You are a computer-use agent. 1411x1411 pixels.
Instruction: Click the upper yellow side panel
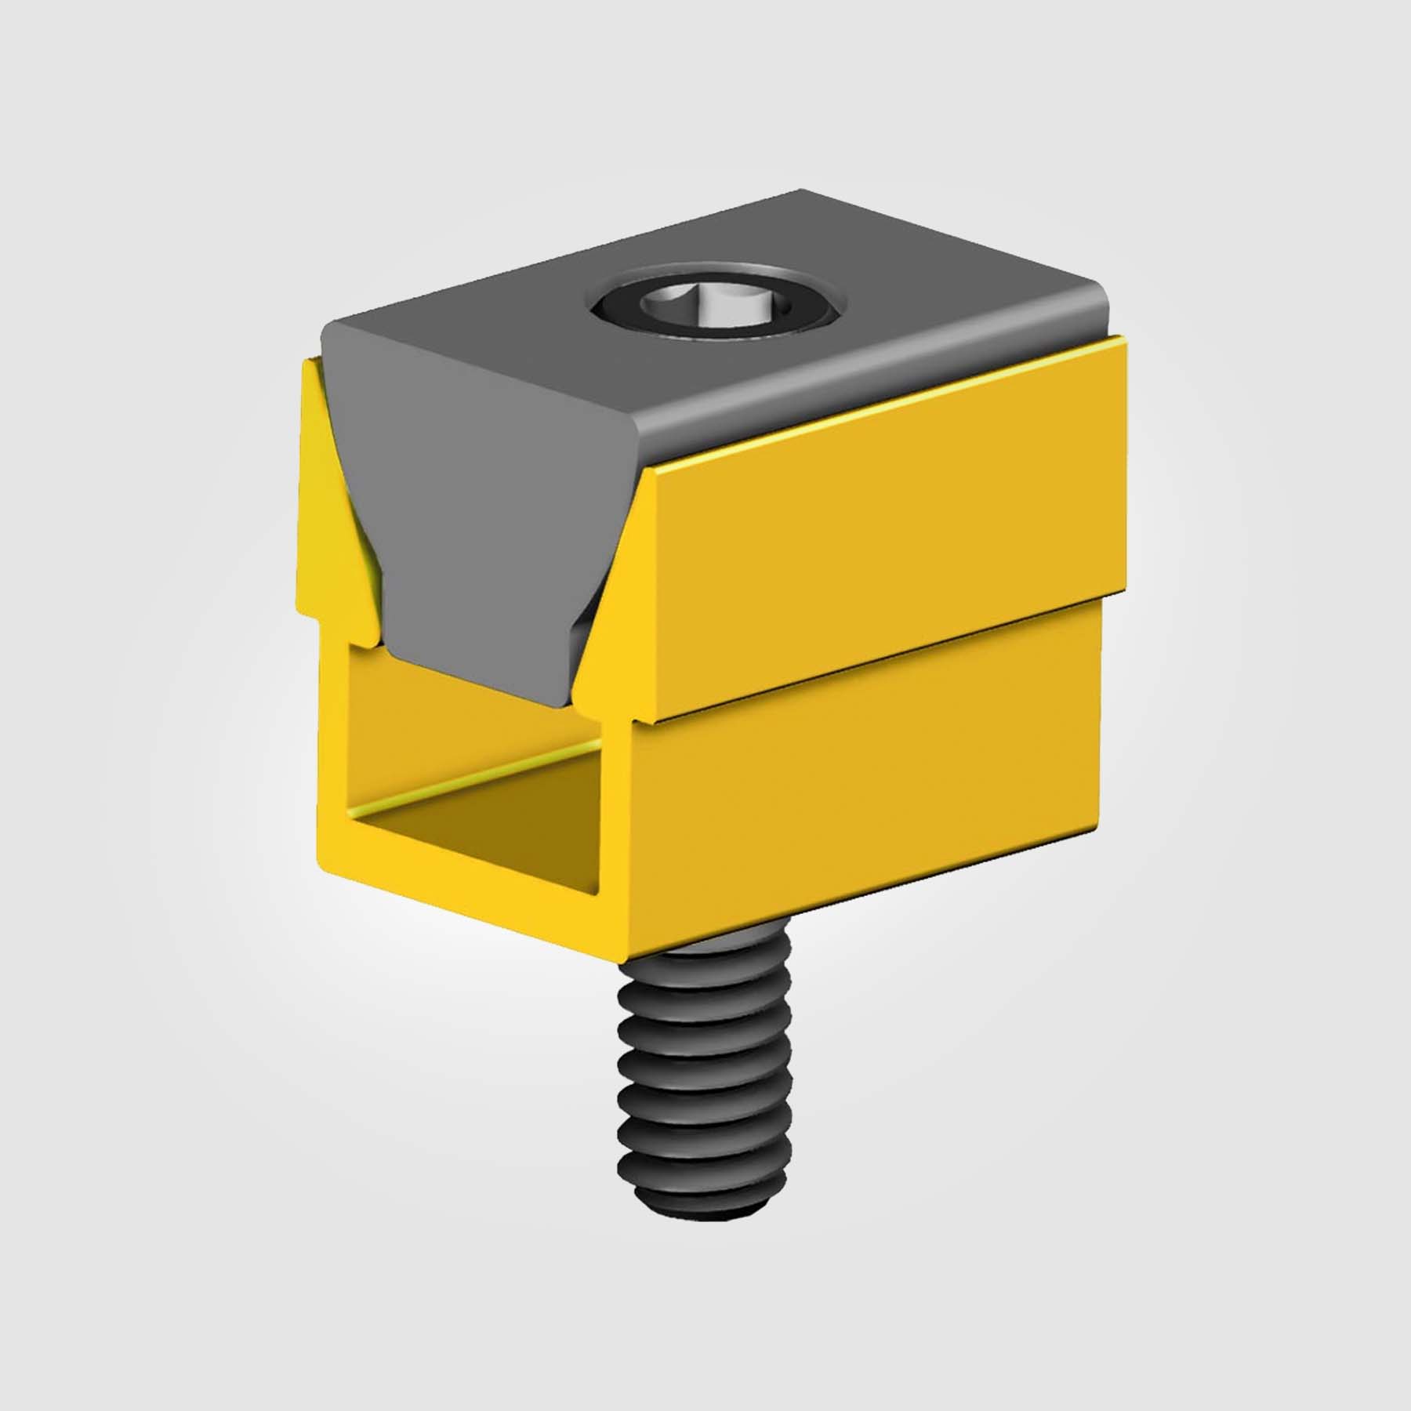click(886, 541)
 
